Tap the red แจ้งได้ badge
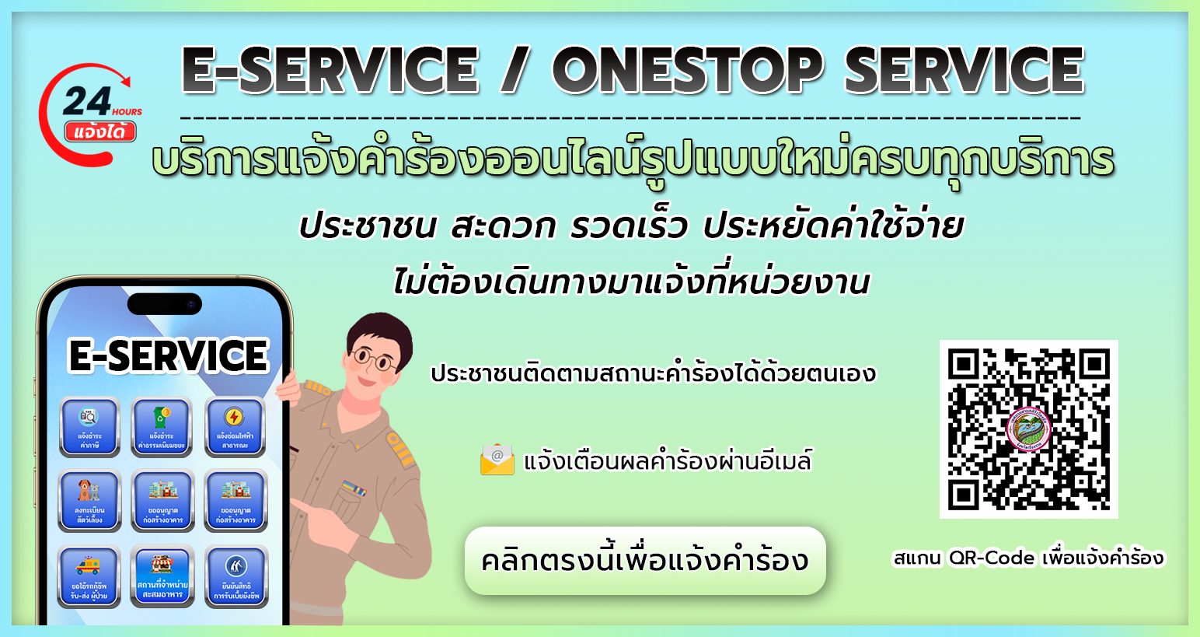click(x=100, y=131)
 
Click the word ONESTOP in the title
click(x=687, y=70)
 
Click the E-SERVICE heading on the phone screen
click(x=168, y=356)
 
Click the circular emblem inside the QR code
click(x=1028, y=429)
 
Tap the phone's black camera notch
click(x=164, y=303)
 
